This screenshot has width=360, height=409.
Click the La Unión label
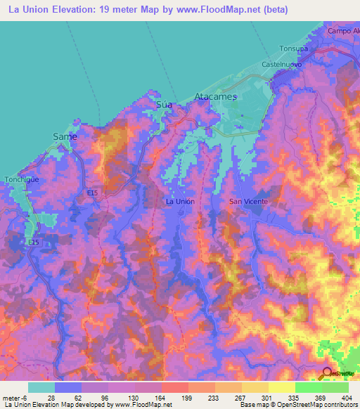point(179,201)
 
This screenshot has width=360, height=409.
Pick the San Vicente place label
point(249,201)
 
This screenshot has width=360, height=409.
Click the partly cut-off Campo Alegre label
point(343,32)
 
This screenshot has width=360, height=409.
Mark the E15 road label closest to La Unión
point(93,191)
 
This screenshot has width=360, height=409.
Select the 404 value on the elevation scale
point(344,397)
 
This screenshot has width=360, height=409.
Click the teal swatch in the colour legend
point(41,387)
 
